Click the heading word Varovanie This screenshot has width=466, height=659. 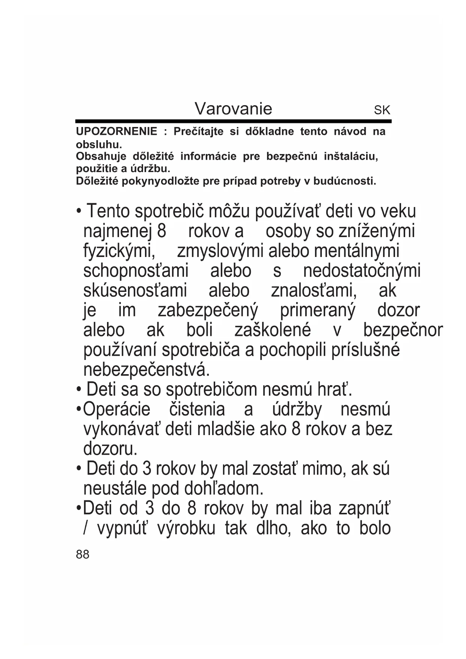(233, 109)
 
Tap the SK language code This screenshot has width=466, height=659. (382, 110)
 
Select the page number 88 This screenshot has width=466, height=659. (83, 554)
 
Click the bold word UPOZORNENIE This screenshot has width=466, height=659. (116, 131)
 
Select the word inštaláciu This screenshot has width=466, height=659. (351, 156)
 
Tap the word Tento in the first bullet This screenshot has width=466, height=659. (108, 212)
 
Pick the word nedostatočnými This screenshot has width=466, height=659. (362, 271)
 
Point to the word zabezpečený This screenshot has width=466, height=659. (208, 311)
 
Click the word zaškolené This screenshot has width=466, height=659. (273, 330)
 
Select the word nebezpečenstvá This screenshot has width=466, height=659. (146, 370)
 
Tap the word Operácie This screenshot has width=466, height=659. (116, 410)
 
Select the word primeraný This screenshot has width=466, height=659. (317, 311)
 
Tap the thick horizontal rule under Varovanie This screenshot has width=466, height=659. (233, 121)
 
